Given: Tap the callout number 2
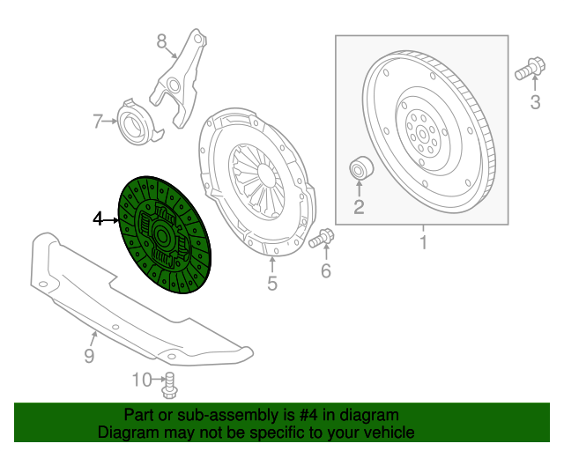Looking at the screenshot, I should (359, 207).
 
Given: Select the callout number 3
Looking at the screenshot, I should (535, 104).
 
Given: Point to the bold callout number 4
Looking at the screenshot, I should (99, 218).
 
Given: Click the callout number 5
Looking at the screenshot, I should (272, 283).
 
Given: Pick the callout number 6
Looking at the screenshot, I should (325, 271).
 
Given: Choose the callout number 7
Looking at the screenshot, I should (99, 121).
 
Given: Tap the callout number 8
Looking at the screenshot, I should (161, 41).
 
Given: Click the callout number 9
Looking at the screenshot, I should (89, 355).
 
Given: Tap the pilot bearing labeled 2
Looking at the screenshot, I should (361, 166).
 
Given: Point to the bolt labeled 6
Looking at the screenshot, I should (321, 237).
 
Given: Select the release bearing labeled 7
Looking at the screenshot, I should (134, 123).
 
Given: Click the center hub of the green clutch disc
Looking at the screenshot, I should (164, 236).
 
